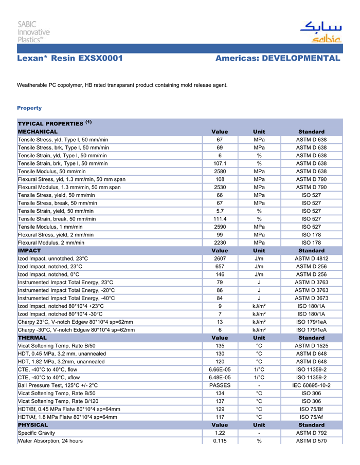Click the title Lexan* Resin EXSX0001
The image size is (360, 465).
[x=69, y=59]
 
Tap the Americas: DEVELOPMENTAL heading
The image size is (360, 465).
[x=278, y=59]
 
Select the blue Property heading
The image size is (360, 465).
[x=29, y=108]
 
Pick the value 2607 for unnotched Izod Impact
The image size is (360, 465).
[x=220, y=258]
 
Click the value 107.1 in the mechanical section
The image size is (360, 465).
[x=220, y=163]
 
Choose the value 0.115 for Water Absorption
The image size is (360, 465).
[x=220, y=441]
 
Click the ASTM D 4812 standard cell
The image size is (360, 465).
[x=311, y=258]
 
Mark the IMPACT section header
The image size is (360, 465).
[x=29, y=251]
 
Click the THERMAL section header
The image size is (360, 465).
[x=32, y=338]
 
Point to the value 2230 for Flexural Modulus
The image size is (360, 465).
[x=220, y=243]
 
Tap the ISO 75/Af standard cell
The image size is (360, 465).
[x=311, y=417]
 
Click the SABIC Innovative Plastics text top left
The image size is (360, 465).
[x=33, y=32]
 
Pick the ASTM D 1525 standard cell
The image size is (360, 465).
[x=311, y=346]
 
